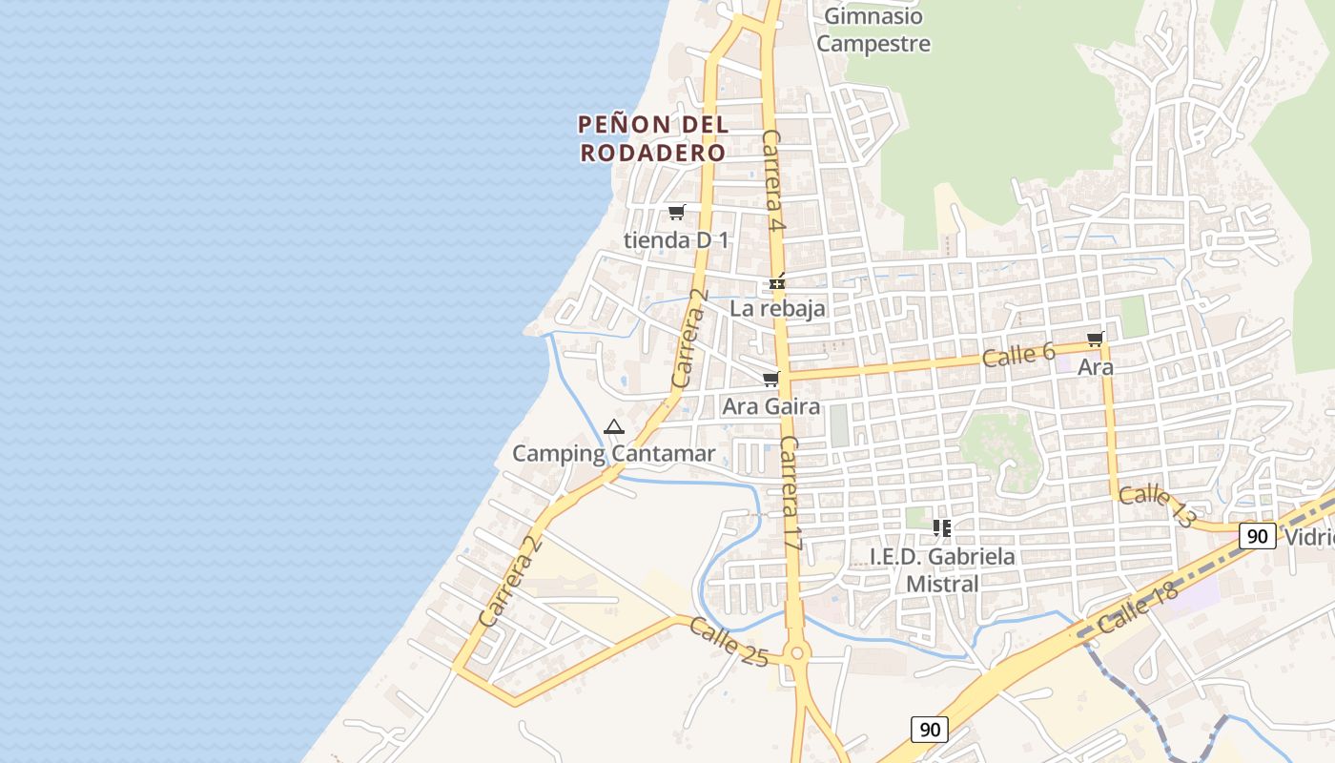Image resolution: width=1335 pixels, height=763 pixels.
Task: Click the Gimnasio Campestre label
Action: (x=873, y=30)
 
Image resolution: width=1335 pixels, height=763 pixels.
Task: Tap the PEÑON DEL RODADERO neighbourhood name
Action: (x=653, y=138)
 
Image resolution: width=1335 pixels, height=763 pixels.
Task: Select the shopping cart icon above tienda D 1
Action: (x=676, y=212)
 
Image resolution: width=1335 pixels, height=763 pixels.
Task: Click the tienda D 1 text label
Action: (x=676, y=240)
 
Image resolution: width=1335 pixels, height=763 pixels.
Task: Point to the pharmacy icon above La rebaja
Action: (x=777, y=282)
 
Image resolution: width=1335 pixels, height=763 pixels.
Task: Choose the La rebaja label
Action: (x=777, y=308)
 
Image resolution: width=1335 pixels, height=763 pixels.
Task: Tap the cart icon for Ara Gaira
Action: (x=770, y=380)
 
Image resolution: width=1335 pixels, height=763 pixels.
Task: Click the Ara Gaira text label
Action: (x=770, y=407)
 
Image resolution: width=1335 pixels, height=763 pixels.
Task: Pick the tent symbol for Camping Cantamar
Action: (x=614, y=426)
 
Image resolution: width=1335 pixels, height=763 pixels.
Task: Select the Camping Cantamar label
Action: (x=613, y=454)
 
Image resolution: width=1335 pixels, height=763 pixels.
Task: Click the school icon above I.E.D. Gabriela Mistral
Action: (x=942, y=527)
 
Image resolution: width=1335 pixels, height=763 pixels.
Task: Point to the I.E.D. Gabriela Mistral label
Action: (x=942, y=569)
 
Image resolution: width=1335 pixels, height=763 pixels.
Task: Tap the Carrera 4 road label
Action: (x=772, y=181)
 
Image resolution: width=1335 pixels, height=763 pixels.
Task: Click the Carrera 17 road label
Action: (x=791, y=493)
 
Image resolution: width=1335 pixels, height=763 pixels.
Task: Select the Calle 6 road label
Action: (x=1018, y=356)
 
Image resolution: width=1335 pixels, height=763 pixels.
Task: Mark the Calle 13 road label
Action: (x=1157, y=505)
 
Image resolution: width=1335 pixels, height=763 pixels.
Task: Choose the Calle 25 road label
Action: (x=728, y=641)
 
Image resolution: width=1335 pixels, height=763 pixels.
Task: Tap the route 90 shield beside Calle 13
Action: (x=1258, y=536)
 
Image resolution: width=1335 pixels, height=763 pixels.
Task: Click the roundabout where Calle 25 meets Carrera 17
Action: (x=798, y=652)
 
